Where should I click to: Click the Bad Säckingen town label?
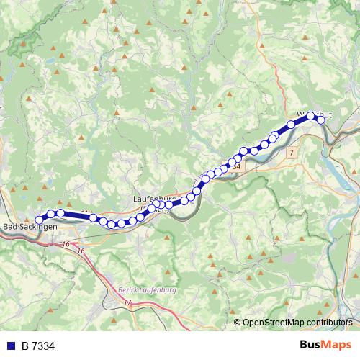pyautogui.click(x=30, y=228)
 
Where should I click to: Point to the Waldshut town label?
pyautogui.click(x=314, y=114)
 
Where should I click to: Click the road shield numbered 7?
pyautogui.click(x=290, y=153)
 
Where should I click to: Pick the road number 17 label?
pyautogui.click(x=128, y=304)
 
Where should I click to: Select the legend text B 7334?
pyautogui.click(x=38, y=346)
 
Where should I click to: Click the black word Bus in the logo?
pyautogui.click(x=312, y=345)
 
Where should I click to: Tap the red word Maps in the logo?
pyautogui.click(x=338, y=345)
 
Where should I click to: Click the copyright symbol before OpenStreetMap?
pyautogui.click(x=238, y=323)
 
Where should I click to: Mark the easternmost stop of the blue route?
pyautogui.click(x=321, y=120)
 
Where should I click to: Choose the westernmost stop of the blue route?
pyautogui.click(x=40, y=220)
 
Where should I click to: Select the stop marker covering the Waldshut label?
pyautogui.click(x=311, y=115)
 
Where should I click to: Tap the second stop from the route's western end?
pyautogui.click(x=51, y=214)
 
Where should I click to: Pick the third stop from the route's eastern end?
pyautogui.click(x=292, y=125)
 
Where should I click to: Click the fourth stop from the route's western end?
pyautogui.click(x=94, y=217)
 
